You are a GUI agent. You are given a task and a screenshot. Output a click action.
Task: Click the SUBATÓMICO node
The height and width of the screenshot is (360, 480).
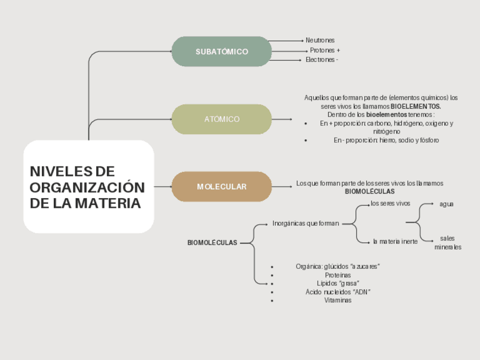(222, 52)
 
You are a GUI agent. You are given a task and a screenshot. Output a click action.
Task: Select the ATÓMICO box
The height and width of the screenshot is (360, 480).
(222, 119)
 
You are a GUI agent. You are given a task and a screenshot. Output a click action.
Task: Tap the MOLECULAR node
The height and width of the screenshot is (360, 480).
(222, 187)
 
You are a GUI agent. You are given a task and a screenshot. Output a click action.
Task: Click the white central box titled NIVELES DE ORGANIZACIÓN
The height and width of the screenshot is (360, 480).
(88, 187)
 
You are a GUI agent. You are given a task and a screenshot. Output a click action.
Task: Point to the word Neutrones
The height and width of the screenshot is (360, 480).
(320, 40)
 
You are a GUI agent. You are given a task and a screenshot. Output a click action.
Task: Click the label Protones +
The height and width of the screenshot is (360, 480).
(324, 50)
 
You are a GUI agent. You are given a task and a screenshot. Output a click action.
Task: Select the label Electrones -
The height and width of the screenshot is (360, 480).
(322, 59)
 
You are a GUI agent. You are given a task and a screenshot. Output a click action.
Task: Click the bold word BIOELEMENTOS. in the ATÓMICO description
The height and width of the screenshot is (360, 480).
(416, 106)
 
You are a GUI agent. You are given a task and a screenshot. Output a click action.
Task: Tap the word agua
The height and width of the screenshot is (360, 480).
(447, 204)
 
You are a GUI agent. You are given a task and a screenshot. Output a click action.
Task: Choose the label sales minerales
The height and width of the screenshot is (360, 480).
(448, 242)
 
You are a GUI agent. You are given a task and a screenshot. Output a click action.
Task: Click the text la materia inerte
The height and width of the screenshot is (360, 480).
(395, 242)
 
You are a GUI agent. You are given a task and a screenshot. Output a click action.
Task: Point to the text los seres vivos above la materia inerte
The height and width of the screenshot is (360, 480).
(391, 203)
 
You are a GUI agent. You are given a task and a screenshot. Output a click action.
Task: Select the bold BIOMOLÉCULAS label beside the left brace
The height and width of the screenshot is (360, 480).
(212, 243)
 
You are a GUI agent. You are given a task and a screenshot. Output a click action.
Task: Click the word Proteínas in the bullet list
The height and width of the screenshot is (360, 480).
(338, 275)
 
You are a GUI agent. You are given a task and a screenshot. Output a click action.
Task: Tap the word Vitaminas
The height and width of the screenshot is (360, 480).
(338, 301)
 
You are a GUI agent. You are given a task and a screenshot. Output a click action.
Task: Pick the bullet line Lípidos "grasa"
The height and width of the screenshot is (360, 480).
(338, 283)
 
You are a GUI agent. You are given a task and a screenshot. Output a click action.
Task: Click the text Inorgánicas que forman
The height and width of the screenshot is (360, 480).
(306, 224)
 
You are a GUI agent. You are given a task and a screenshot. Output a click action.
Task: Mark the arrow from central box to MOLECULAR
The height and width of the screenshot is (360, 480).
(163, 187)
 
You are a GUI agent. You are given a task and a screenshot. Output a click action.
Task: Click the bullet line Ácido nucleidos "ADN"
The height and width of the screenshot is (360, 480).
(338, 292)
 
